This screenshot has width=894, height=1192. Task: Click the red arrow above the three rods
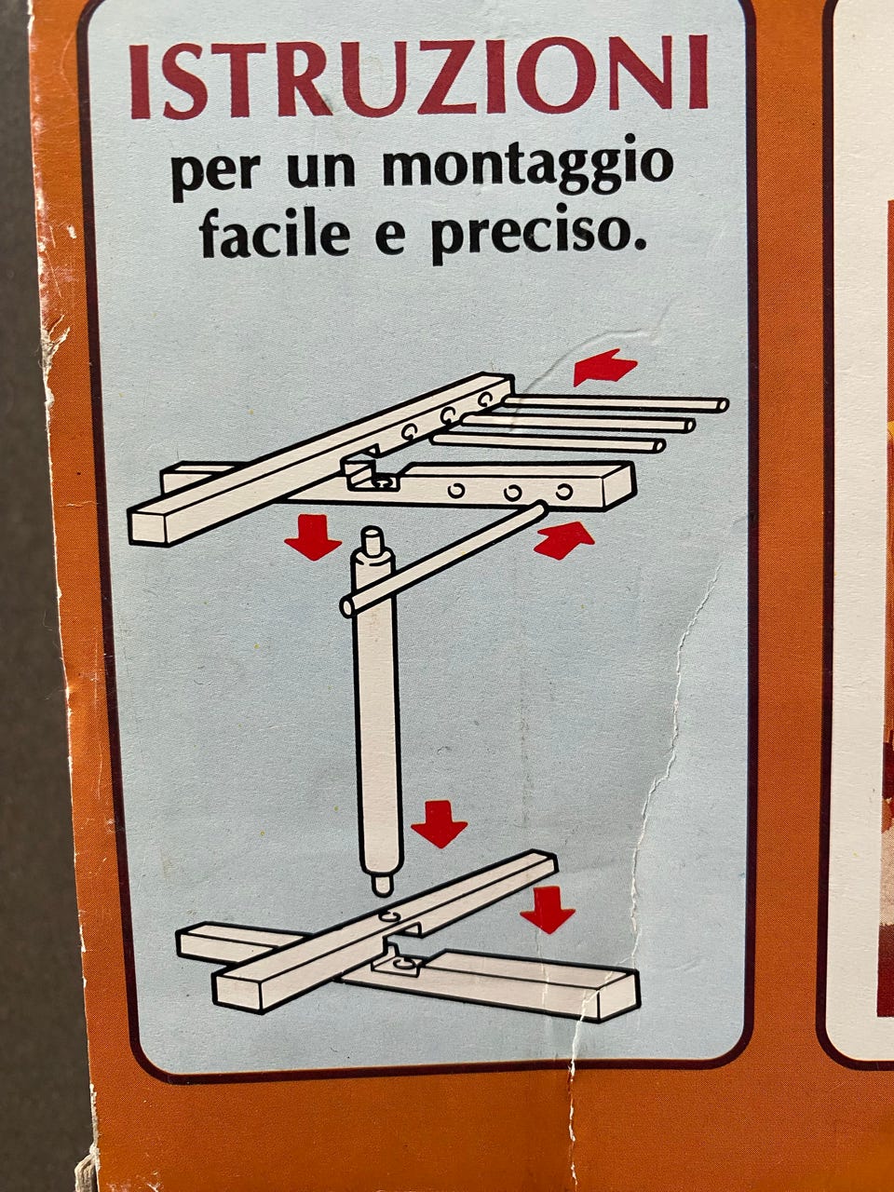pos(604,367)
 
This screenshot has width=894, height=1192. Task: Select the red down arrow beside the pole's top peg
pos(313,536)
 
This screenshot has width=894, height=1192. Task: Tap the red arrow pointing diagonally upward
pos(564,539)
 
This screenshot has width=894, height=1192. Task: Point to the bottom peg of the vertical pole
pos(382,884)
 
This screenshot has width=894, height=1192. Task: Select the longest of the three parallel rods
pos(615,403)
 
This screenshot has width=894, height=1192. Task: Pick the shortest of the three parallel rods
pos(549,442)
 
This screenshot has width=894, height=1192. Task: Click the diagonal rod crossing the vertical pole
pos(443,561)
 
